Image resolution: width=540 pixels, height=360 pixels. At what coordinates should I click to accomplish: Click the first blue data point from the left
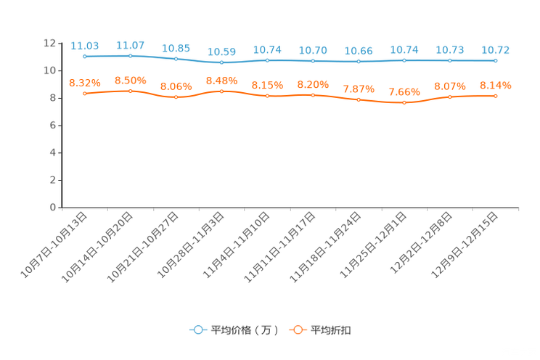[85, 57]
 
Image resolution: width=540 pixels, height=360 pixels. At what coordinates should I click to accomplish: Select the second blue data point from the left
[131, 55]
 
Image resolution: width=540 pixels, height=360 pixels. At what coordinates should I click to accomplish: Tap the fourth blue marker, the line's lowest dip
[221, 62]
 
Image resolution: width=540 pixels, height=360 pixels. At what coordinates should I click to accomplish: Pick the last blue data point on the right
[496, 61]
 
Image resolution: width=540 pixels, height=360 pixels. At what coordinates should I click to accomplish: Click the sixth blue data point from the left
[313, 61]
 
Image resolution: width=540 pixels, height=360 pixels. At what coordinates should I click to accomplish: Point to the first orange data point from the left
[85, 94]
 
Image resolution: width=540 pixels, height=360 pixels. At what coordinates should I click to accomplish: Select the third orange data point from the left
[176, 97]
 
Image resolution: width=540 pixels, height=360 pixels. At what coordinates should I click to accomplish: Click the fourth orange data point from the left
[221, 91]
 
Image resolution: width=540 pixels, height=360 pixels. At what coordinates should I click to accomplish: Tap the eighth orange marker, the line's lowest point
[404, 103]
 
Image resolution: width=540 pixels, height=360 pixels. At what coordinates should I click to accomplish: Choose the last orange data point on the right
[496, 96]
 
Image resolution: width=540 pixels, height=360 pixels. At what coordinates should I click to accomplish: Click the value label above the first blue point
[85, 46]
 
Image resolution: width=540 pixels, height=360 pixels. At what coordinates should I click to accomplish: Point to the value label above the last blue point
[496, 50]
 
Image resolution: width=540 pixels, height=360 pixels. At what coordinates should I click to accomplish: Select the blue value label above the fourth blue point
[221, 52]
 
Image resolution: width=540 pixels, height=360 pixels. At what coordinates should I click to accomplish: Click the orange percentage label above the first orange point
[85, 83]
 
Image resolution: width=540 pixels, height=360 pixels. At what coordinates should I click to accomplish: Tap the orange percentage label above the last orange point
[496, 85]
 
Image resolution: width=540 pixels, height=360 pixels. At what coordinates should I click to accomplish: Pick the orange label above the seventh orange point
[359, 89]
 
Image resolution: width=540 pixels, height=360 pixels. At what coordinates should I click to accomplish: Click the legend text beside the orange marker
[332, 330]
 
